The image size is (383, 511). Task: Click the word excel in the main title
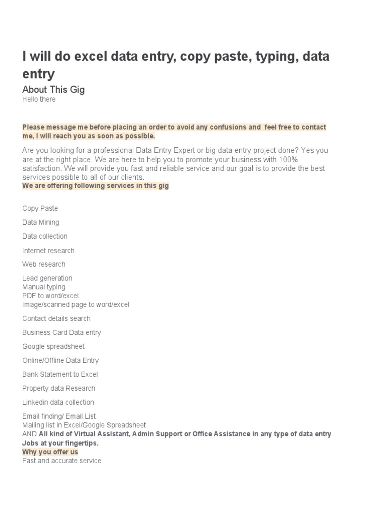coord(90,56)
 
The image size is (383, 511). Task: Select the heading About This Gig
coord(53,90)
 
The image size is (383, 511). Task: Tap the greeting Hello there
coord(39,99)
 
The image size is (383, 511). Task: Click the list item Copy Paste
coord(40,208)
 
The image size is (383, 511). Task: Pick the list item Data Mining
coord(40,222)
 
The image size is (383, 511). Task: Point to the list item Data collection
coord(45,236)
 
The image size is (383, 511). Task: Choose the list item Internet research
coord(48,250)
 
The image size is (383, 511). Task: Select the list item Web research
coord(44,264)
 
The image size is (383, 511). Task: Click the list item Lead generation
coord(47,278)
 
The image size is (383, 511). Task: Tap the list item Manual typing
coord(44,287)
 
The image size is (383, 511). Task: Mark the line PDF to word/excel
coord(50,296)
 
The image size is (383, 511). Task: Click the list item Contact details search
coord(56,318)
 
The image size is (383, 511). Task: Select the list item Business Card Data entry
coord(61,332)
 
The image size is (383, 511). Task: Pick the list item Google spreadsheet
coord(53,346)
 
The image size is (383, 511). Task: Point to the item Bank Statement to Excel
coord(60,374)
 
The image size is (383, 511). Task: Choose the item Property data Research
coord(59,388)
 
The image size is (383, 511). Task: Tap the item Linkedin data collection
coord(58,402)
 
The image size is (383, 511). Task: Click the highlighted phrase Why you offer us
coord(50,452)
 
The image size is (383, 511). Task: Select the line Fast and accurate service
coord(62,461)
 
